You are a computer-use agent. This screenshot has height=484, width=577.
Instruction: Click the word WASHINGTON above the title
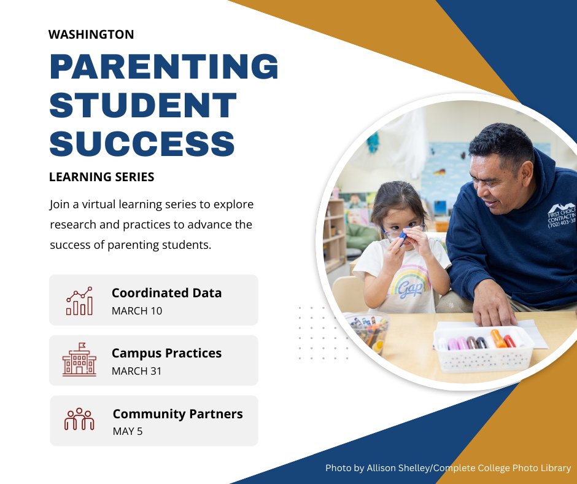coord(91,34)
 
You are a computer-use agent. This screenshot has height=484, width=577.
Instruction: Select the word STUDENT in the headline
coord(143,105)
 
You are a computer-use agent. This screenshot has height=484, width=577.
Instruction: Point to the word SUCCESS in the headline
coord(142,143)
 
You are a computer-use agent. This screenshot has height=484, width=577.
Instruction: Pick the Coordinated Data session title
coord(166,293)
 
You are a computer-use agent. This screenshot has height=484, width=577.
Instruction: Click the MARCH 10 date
coord(137,311)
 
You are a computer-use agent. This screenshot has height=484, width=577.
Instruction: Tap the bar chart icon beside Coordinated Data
coord(79,301)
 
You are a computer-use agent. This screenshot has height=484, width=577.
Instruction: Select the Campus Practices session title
coord(166,353)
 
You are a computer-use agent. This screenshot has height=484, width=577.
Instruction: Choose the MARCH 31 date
coord(137,371)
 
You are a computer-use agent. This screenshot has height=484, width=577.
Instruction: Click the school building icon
coord(79,360)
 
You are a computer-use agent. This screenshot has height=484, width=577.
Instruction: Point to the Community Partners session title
coord(177,414)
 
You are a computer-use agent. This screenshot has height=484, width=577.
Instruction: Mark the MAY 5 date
coord(128,431)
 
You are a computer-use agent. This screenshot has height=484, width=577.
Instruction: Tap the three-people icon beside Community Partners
coord(79,420)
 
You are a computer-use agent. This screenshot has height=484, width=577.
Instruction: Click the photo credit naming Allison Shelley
coord(448,468)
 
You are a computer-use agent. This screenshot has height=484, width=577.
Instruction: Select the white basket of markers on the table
coord(483,348)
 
